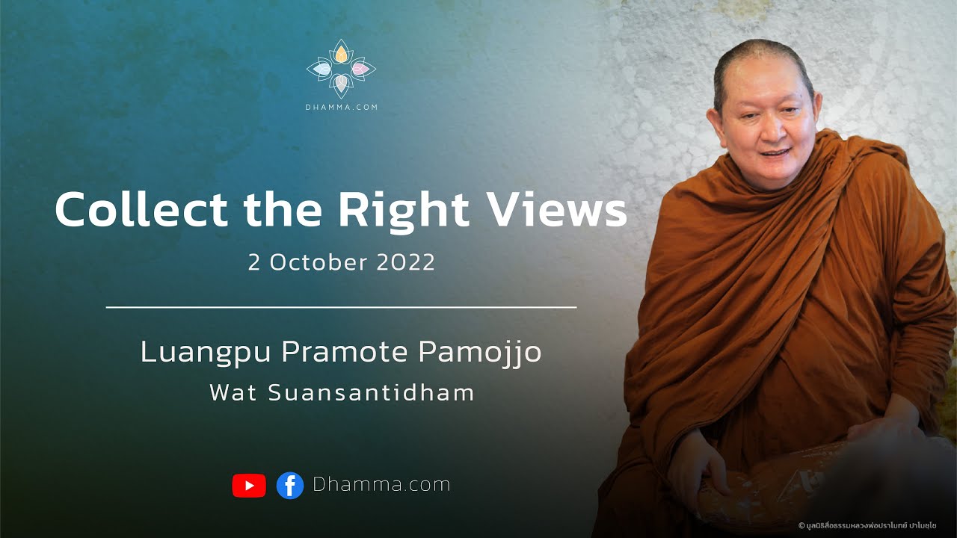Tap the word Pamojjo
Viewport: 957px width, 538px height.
(x=479, y=353)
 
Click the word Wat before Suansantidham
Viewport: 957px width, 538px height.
(x=233, y=393)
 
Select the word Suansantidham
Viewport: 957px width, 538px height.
(x=371, y=393)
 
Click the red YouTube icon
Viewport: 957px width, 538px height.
(x=249, y=486)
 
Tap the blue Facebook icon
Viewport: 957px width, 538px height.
(x=289, y=486)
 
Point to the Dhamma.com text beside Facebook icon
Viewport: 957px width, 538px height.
(x=381, y=485)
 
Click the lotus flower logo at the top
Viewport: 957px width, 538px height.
(x=341, y=69)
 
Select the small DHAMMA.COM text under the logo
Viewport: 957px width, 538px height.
(x=341, y=108)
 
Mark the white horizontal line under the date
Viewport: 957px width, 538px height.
(x=341, y=306)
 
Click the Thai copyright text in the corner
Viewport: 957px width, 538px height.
(x=874, y=525)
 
